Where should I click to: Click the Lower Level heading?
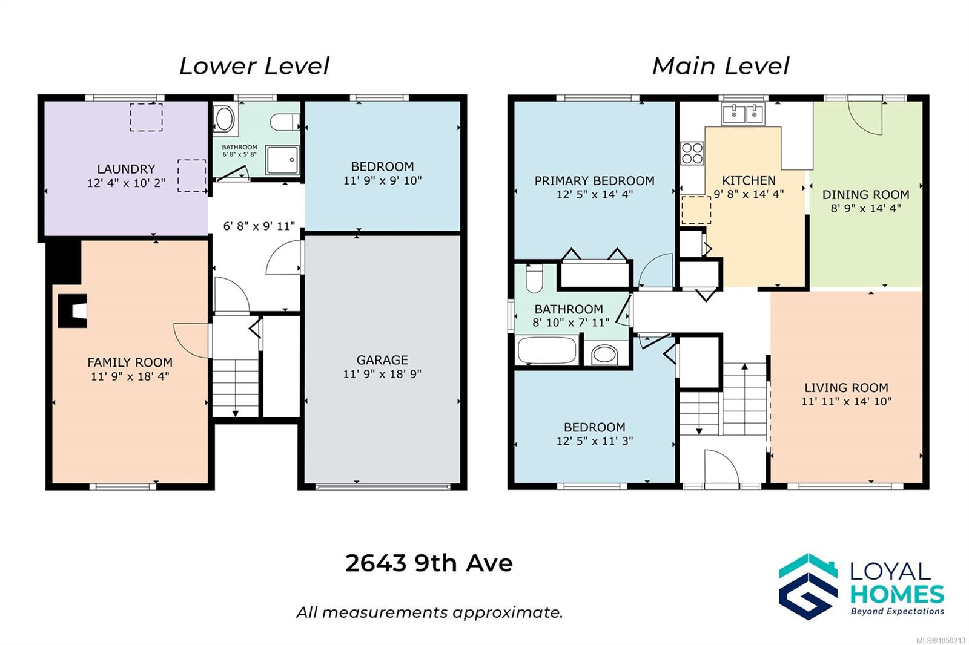254,66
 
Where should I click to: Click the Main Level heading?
721,66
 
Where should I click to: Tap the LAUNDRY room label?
126,169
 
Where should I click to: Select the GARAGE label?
382,360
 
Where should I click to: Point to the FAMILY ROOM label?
130,362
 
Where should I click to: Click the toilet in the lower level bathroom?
285,122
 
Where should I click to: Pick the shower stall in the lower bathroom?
282,160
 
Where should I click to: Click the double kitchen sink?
743,114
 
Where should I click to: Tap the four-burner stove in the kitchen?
692,154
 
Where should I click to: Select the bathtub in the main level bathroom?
547,350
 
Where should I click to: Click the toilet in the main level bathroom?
534,278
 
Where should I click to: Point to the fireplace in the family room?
73,311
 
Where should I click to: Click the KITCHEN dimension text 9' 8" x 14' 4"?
749,194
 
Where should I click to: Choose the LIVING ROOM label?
846,388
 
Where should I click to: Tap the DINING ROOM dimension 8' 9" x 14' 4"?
865,208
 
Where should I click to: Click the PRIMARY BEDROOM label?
594,181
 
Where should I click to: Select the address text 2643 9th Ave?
429,563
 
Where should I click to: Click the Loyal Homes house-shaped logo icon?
808,586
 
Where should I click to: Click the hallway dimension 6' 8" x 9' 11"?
259,226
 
